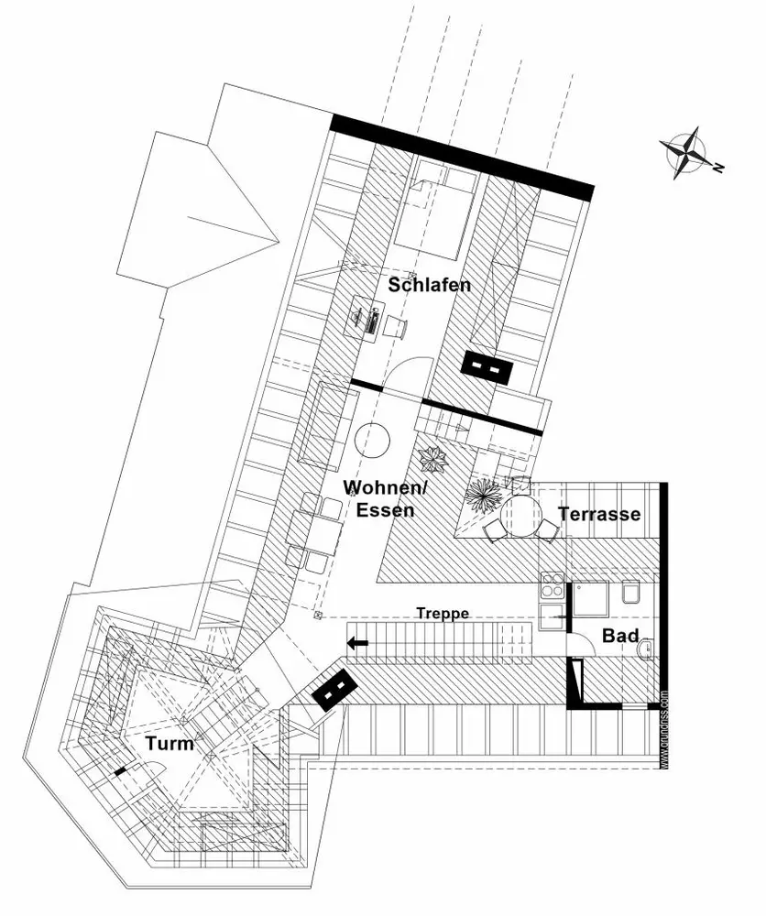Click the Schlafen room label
[x=430, y=285]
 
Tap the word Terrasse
[x=600, y=514]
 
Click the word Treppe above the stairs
[x=443, y=614]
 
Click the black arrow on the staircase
[x=357, y=644]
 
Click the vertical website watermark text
[x=663, y=728]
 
